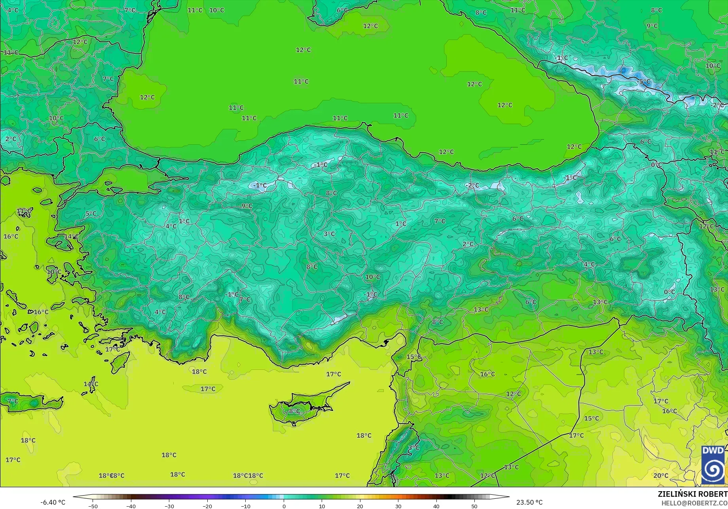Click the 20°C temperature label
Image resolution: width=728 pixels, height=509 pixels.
pyautogui.click(x=661, y=475)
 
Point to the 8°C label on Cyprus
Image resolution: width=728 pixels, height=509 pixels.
pyautogui.click(x=294, y=411)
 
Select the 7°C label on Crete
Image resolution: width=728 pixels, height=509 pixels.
pyautogui.click(x=13, y=401)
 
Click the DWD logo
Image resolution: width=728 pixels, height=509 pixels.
pyautogui.click(x=713, y=465)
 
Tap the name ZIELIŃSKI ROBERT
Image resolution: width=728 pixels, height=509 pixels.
pyautogui.click(x=692, y=494)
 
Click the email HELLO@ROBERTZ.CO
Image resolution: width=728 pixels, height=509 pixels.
pyautogui.click(x=694, y=503)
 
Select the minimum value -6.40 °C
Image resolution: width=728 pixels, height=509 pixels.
pyautogui.click(x=53, y=502)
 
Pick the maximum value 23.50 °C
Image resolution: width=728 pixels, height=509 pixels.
pyautogui.click(x=529, y=502)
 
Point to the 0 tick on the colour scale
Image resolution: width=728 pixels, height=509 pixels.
pyautogui.click(x=284, y=506)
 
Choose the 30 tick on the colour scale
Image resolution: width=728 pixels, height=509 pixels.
pyautogui.click(x=398, y=506)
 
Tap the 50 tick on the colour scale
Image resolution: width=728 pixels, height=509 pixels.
pyautogui.click(x=474, y=506)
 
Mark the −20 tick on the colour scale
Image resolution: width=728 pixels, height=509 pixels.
pyautogui.click(x=207, y=506)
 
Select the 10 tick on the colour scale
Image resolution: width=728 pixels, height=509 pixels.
pyautogui.click(x=322, y=506)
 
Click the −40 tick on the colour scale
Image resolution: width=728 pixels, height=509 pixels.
pyautogui.click(x=131, y=506)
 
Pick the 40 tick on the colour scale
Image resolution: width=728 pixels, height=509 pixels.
pyautogui.click(x=436, y=506)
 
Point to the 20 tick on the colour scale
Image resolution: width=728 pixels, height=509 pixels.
pyautogui.click(x=360, y=506)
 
